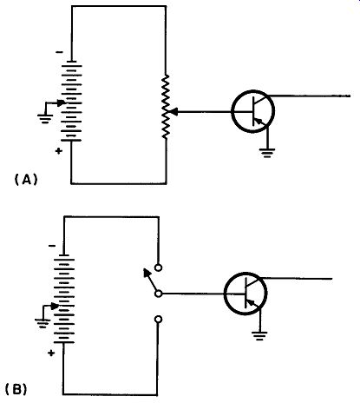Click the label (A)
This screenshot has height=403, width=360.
coord(26,180)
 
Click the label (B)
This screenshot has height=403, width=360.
coord(16,389)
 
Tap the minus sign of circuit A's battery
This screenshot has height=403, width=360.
coord(59,52)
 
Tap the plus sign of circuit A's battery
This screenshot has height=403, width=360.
coord(59,151)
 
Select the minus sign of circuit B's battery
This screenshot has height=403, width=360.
coord(52,246)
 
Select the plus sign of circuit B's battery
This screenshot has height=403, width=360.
coord(51,353)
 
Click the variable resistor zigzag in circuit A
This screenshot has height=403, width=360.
coord(166,107)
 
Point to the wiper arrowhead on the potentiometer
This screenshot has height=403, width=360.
coord(173,111)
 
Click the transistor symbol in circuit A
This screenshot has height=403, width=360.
coord(252,111)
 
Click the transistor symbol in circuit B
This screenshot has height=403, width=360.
coord(245,294)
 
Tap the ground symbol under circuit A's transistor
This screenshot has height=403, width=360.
coord(267,153)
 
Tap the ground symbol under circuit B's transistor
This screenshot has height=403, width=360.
coord(259,335)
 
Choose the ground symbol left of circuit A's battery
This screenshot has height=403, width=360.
coord(45,119)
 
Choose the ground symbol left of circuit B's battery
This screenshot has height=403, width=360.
coord(43,323)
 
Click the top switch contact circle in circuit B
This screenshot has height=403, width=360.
coord(158,268)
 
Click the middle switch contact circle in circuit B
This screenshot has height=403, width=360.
coord(158,294)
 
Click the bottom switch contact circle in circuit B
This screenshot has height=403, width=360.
coord(158,320)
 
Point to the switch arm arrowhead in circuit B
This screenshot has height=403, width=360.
coord(147,273)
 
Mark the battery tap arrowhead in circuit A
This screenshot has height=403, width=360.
coord(62,102)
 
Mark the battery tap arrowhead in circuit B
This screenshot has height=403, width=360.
coord(55,306)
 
